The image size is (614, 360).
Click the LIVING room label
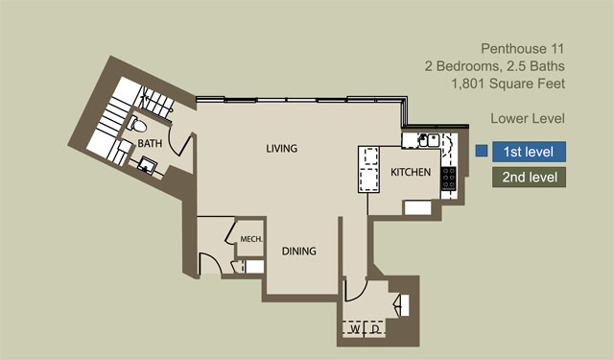point(281,149)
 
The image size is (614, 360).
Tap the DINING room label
point(298,252)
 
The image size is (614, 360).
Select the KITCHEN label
point(411,172)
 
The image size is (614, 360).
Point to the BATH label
point(150,143)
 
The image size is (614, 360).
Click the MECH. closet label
point(251,239)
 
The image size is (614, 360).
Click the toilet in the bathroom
point(136,125)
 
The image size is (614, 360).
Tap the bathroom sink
point(147,165)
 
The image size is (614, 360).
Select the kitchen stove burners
point(448,179)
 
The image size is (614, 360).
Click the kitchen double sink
point(429,140)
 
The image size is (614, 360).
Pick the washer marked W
point(354,329)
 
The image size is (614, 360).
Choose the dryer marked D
point(375,329)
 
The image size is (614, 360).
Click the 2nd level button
point(529,177)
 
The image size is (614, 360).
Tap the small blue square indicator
point(482,151)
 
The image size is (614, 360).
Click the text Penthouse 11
point(522,49)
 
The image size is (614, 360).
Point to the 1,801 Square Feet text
point(508,84)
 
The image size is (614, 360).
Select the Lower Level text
point(528,118)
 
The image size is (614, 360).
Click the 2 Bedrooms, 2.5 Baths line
point(495,66)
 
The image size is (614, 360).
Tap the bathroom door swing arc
point(172,144)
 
